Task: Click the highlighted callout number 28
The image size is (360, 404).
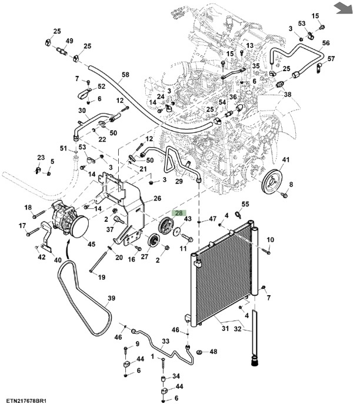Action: click(x=178, y=214)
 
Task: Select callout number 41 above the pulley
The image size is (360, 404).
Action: click(x=286, y=160)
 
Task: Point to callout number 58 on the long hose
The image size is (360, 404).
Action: click(x=125, y=75)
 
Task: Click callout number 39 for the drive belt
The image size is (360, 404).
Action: click(x=111, y=298)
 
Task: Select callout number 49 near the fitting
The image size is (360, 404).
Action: click(x=69, y=41)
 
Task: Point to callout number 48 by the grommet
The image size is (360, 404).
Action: click(x=213, y=352)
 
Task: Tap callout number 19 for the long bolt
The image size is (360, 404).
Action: click(x=101, y=277)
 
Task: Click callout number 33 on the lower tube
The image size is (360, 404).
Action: click(x=165, y=340)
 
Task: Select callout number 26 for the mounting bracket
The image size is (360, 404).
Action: click(x=157, y=199)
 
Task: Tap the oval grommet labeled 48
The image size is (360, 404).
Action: click(x=198, y=352)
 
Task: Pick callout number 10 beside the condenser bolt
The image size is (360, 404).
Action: click(x=271, y=239)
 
